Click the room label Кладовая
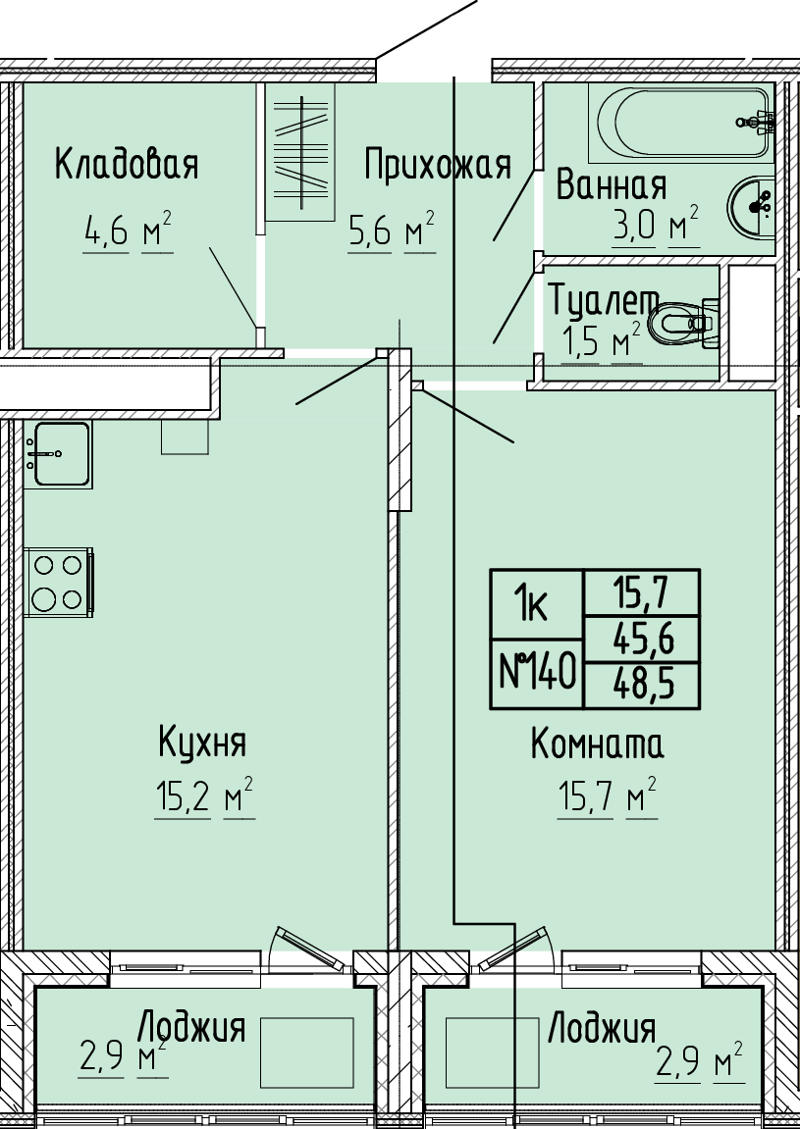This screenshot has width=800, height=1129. (126, 165)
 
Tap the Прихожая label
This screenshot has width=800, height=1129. (438, 165)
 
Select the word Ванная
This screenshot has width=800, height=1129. (612, 185)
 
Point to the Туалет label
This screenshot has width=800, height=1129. (604, 300)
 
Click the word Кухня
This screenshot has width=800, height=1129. (202, 743)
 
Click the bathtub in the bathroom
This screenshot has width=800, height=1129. (682, 123)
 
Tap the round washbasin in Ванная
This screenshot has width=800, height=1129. (751, 206)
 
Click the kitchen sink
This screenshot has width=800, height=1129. (58, 454)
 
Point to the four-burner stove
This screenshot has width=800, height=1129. (59, 582)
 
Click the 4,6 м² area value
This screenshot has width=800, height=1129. (128, 231)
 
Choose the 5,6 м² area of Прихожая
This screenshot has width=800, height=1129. (392, 231)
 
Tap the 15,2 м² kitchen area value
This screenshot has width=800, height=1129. (205, 796)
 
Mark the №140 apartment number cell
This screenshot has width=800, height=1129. (538, 674)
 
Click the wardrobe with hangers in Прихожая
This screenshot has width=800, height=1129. (300, 152)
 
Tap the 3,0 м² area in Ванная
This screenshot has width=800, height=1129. (655, 226)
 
